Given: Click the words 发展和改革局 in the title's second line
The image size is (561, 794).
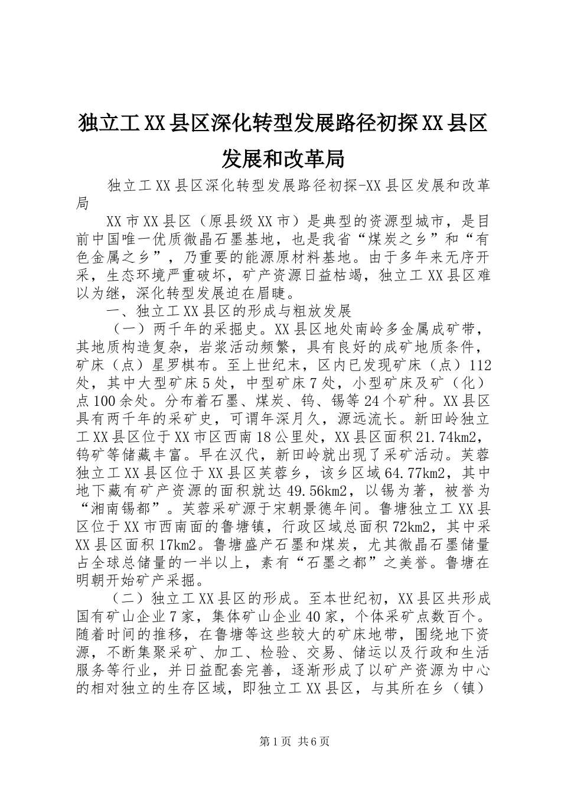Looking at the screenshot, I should (283, 158).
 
